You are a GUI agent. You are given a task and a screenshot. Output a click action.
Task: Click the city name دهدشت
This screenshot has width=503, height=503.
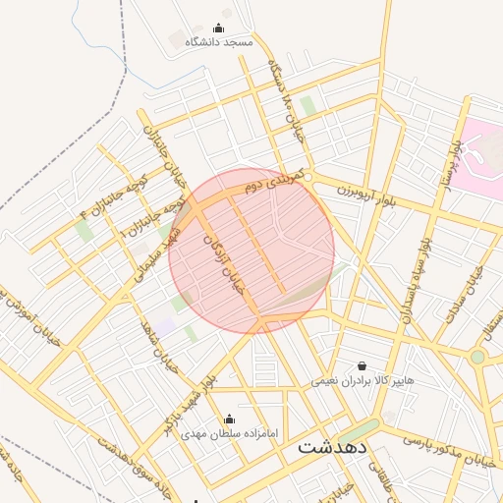coord(333,446)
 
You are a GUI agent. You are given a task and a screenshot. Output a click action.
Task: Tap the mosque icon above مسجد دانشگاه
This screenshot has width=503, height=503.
coord(218,28)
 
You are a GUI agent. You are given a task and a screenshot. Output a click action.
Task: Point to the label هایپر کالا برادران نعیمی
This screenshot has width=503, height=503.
coord(363,379)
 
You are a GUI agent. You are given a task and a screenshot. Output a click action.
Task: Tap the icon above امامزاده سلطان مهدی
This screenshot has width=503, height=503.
coord(229,419)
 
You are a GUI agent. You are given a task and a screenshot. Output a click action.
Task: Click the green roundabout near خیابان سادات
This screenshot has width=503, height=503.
coord(477,357)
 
